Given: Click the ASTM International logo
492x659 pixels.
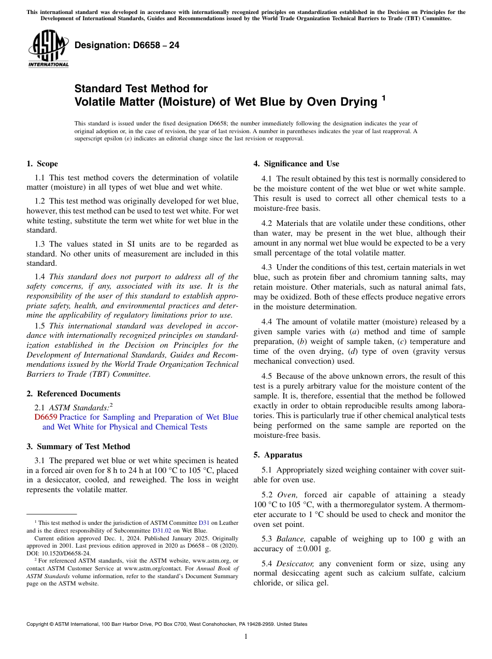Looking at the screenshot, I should tap(48, 49).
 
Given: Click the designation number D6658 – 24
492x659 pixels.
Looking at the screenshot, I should tap(127, 46).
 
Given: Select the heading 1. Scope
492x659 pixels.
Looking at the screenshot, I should tap(42, 164).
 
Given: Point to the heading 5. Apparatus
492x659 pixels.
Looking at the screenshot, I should tap(278, 455).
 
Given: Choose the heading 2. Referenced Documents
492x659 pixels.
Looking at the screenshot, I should tap(74, 394).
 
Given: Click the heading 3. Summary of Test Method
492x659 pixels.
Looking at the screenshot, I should tap(78, 447).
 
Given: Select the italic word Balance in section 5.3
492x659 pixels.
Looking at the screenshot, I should tap(291, 539).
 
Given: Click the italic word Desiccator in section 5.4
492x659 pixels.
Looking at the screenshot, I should tap(295, 564).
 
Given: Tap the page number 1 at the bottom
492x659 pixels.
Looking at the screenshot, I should tap(246, 636).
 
